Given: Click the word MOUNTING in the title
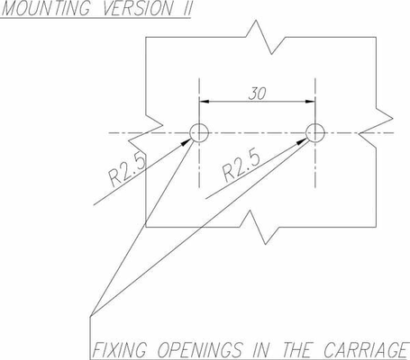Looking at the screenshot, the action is (x=46, y=8).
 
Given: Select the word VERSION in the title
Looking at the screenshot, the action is (x=138, y=8).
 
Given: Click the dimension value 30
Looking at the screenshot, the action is (x=258, y=94).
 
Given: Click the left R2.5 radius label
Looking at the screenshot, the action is (x=127, y=170).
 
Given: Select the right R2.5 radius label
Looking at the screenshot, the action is (x=241, y=166).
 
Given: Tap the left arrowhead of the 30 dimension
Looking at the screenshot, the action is (x=205, y=102).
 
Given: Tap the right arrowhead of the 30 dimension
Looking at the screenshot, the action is (x=310, y=102).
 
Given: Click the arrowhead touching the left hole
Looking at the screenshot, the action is (x=186, y=141).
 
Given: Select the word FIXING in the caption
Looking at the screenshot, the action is (x=119, y=350).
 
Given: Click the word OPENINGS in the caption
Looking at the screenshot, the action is (x=200, y=350).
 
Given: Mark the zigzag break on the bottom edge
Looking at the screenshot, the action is (x=260, y=227).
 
